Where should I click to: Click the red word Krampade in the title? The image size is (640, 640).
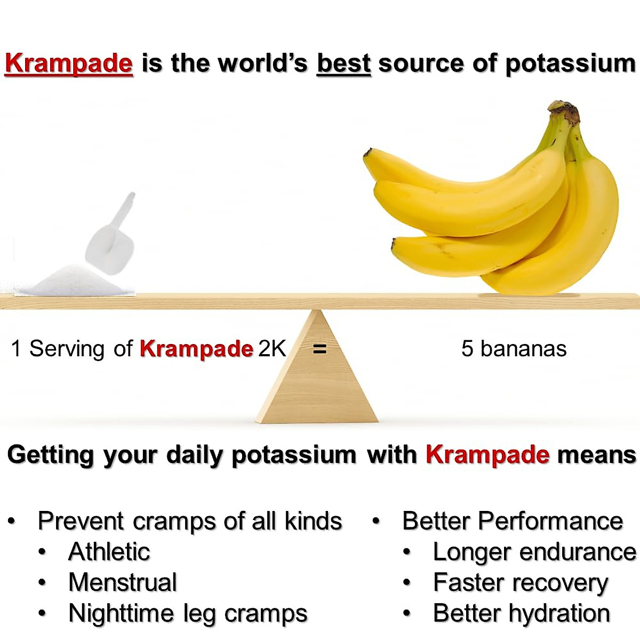click(x=68, y=63)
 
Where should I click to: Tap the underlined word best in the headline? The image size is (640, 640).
click(x=343, y=63)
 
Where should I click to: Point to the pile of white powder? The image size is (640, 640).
click(x=75, y=282)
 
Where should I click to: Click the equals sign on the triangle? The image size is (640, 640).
click(x=319, y=349)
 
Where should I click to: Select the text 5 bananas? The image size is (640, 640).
click(x=514, y=349)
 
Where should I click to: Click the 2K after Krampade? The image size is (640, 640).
click(x=272, y=349)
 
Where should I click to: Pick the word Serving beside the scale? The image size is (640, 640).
click(x=67, y=349)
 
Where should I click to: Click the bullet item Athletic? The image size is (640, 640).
click(x=109, y=551)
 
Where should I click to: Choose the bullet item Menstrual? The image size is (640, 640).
click(x=123, y=582)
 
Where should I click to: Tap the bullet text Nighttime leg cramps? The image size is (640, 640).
click(x=188, y=613)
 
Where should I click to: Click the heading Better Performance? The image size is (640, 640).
click(x=513, y=521)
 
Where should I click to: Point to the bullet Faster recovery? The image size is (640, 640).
click(x=521, y=582)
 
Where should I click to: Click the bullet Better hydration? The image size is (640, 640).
click(x=521, y=613)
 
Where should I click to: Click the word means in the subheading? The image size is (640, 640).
click(x=596, y=455)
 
